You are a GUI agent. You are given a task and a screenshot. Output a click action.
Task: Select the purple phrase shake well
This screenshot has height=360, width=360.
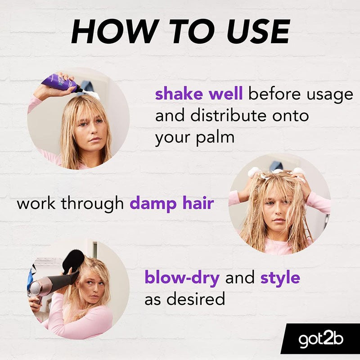pos(199,94)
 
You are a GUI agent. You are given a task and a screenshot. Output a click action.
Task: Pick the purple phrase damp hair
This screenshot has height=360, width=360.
pos(171,203)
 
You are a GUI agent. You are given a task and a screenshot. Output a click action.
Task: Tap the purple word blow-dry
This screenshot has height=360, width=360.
pos(182,278)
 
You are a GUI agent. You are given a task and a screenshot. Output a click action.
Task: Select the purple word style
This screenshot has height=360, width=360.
pos(280,278)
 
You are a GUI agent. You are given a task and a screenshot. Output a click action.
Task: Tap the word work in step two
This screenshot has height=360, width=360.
pos(36,203)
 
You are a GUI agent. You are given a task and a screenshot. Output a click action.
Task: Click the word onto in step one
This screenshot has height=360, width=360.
pos(292,116)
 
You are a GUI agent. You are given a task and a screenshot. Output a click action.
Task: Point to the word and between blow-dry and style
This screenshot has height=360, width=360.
pos(240,278)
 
